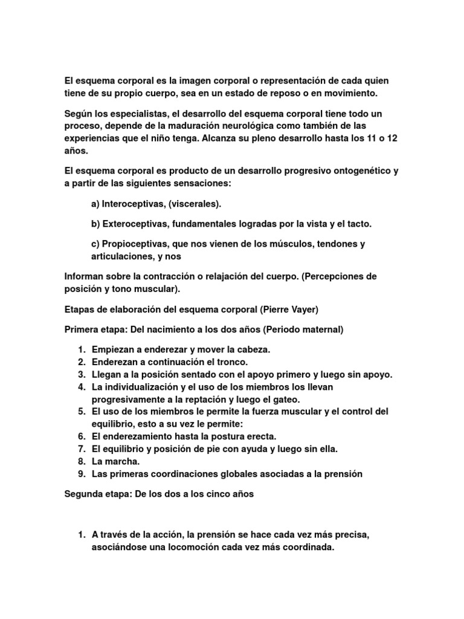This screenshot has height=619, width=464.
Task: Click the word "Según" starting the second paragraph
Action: pos(78,114)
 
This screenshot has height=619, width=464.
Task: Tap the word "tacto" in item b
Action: pos(359,224)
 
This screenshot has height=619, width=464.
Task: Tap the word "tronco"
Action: pos(230,362)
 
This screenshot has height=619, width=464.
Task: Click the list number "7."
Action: pos(82,449)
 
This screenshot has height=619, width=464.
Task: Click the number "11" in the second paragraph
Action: pos(355,138)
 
